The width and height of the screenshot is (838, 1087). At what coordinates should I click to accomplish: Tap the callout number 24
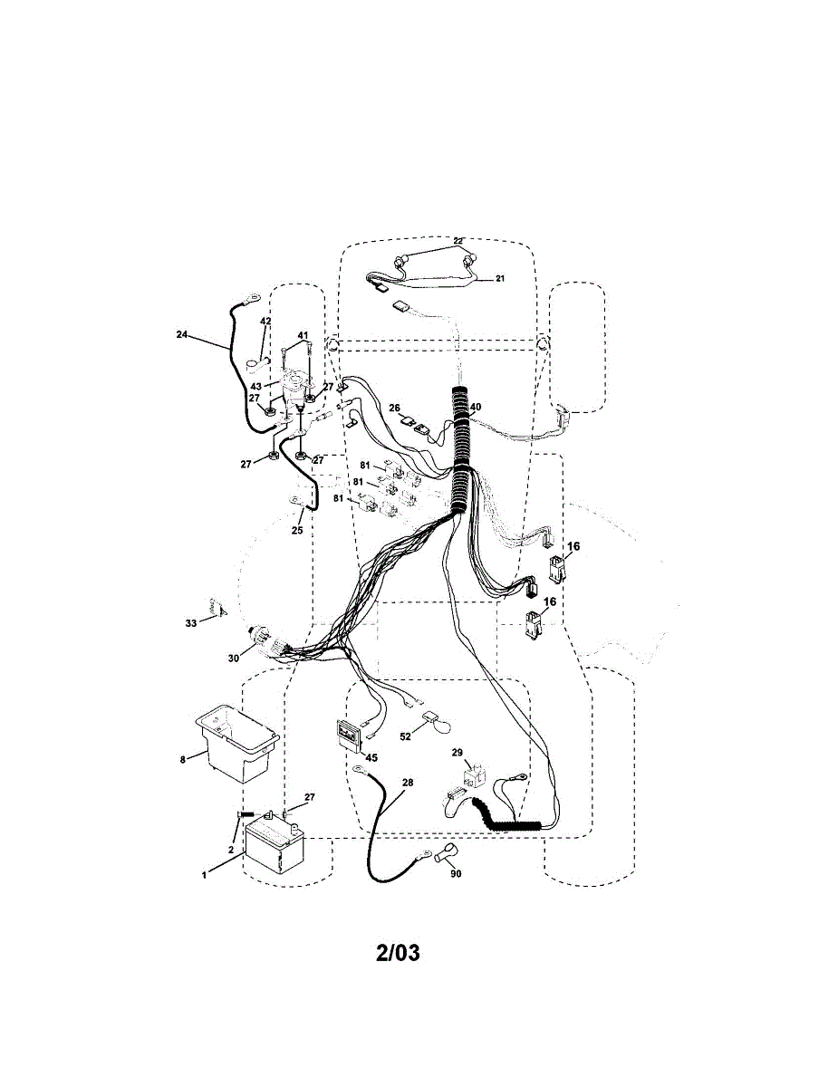click(182, 334)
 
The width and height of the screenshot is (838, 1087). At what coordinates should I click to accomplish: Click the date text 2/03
click(398, 953)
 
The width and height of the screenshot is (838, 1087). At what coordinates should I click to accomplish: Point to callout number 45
click(371, 756)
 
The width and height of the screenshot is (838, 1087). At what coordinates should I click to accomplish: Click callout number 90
click(456, 874)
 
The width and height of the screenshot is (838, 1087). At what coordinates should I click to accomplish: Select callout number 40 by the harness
click(476, 407)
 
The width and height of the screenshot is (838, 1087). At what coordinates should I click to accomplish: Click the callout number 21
click(499, 279)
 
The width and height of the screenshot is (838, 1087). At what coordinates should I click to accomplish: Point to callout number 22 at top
click(458, 241)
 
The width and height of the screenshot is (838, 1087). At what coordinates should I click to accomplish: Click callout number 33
click(190, 623)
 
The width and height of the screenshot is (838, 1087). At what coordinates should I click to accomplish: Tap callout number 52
click(406, 736)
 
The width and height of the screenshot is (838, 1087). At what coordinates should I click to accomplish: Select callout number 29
click(458, 753)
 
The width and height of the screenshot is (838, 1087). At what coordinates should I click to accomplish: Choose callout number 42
click(265, 321)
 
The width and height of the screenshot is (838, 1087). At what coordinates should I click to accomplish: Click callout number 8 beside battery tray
click(182, 759)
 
